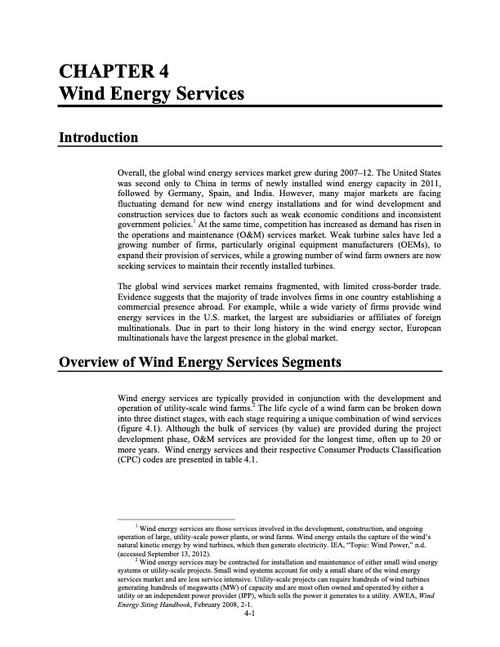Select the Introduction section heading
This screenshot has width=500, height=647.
point(97,136)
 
